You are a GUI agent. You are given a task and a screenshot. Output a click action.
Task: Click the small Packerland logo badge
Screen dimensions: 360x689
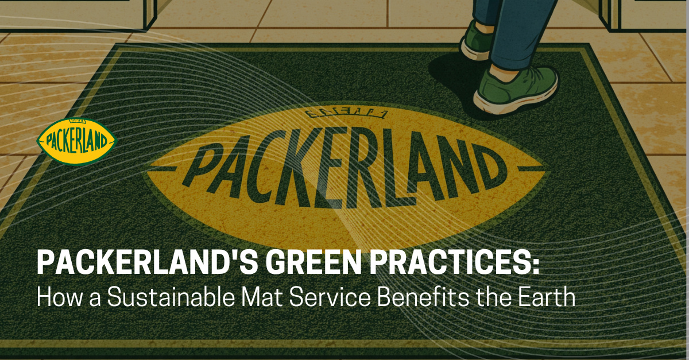(x=76, y=141)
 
